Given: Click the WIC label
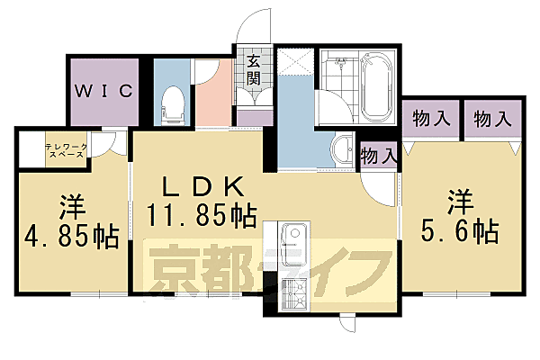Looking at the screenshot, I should [104, 91].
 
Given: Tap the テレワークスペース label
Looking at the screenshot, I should [65, 149].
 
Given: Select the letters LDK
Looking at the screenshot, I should [202, 187].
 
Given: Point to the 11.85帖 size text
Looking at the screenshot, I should [202, 216].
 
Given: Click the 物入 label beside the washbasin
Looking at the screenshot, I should [378, 155].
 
